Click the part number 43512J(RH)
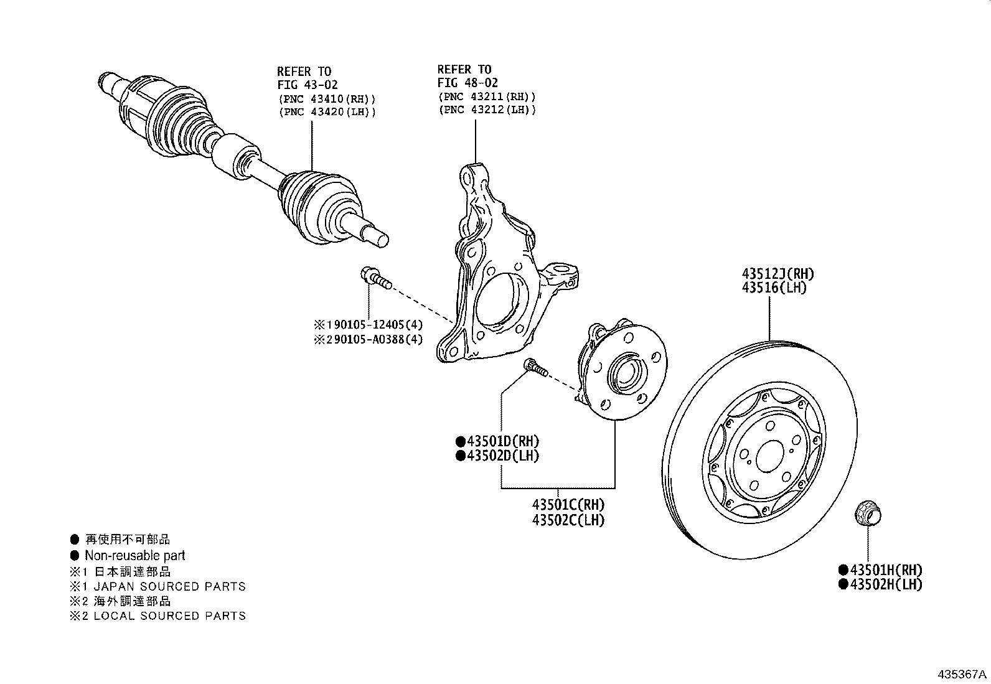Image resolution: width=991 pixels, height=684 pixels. click(x=777, y=274)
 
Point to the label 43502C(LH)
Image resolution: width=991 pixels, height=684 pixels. click(x=568, y=520)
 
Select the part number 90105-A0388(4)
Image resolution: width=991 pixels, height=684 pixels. click(x=373, y=339)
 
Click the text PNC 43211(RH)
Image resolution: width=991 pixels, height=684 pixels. click(x=486, y=96)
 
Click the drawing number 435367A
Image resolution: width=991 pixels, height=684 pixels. click(x=962, y=674)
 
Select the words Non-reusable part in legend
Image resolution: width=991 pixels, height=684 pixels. click(x=134, y=555)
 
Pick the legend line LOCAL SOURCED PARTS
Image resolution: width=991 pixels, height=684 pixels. click(x=169, y=616)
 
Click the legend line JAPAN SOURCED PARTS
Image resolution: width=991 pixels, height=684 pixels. click(x=169, y=586)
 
